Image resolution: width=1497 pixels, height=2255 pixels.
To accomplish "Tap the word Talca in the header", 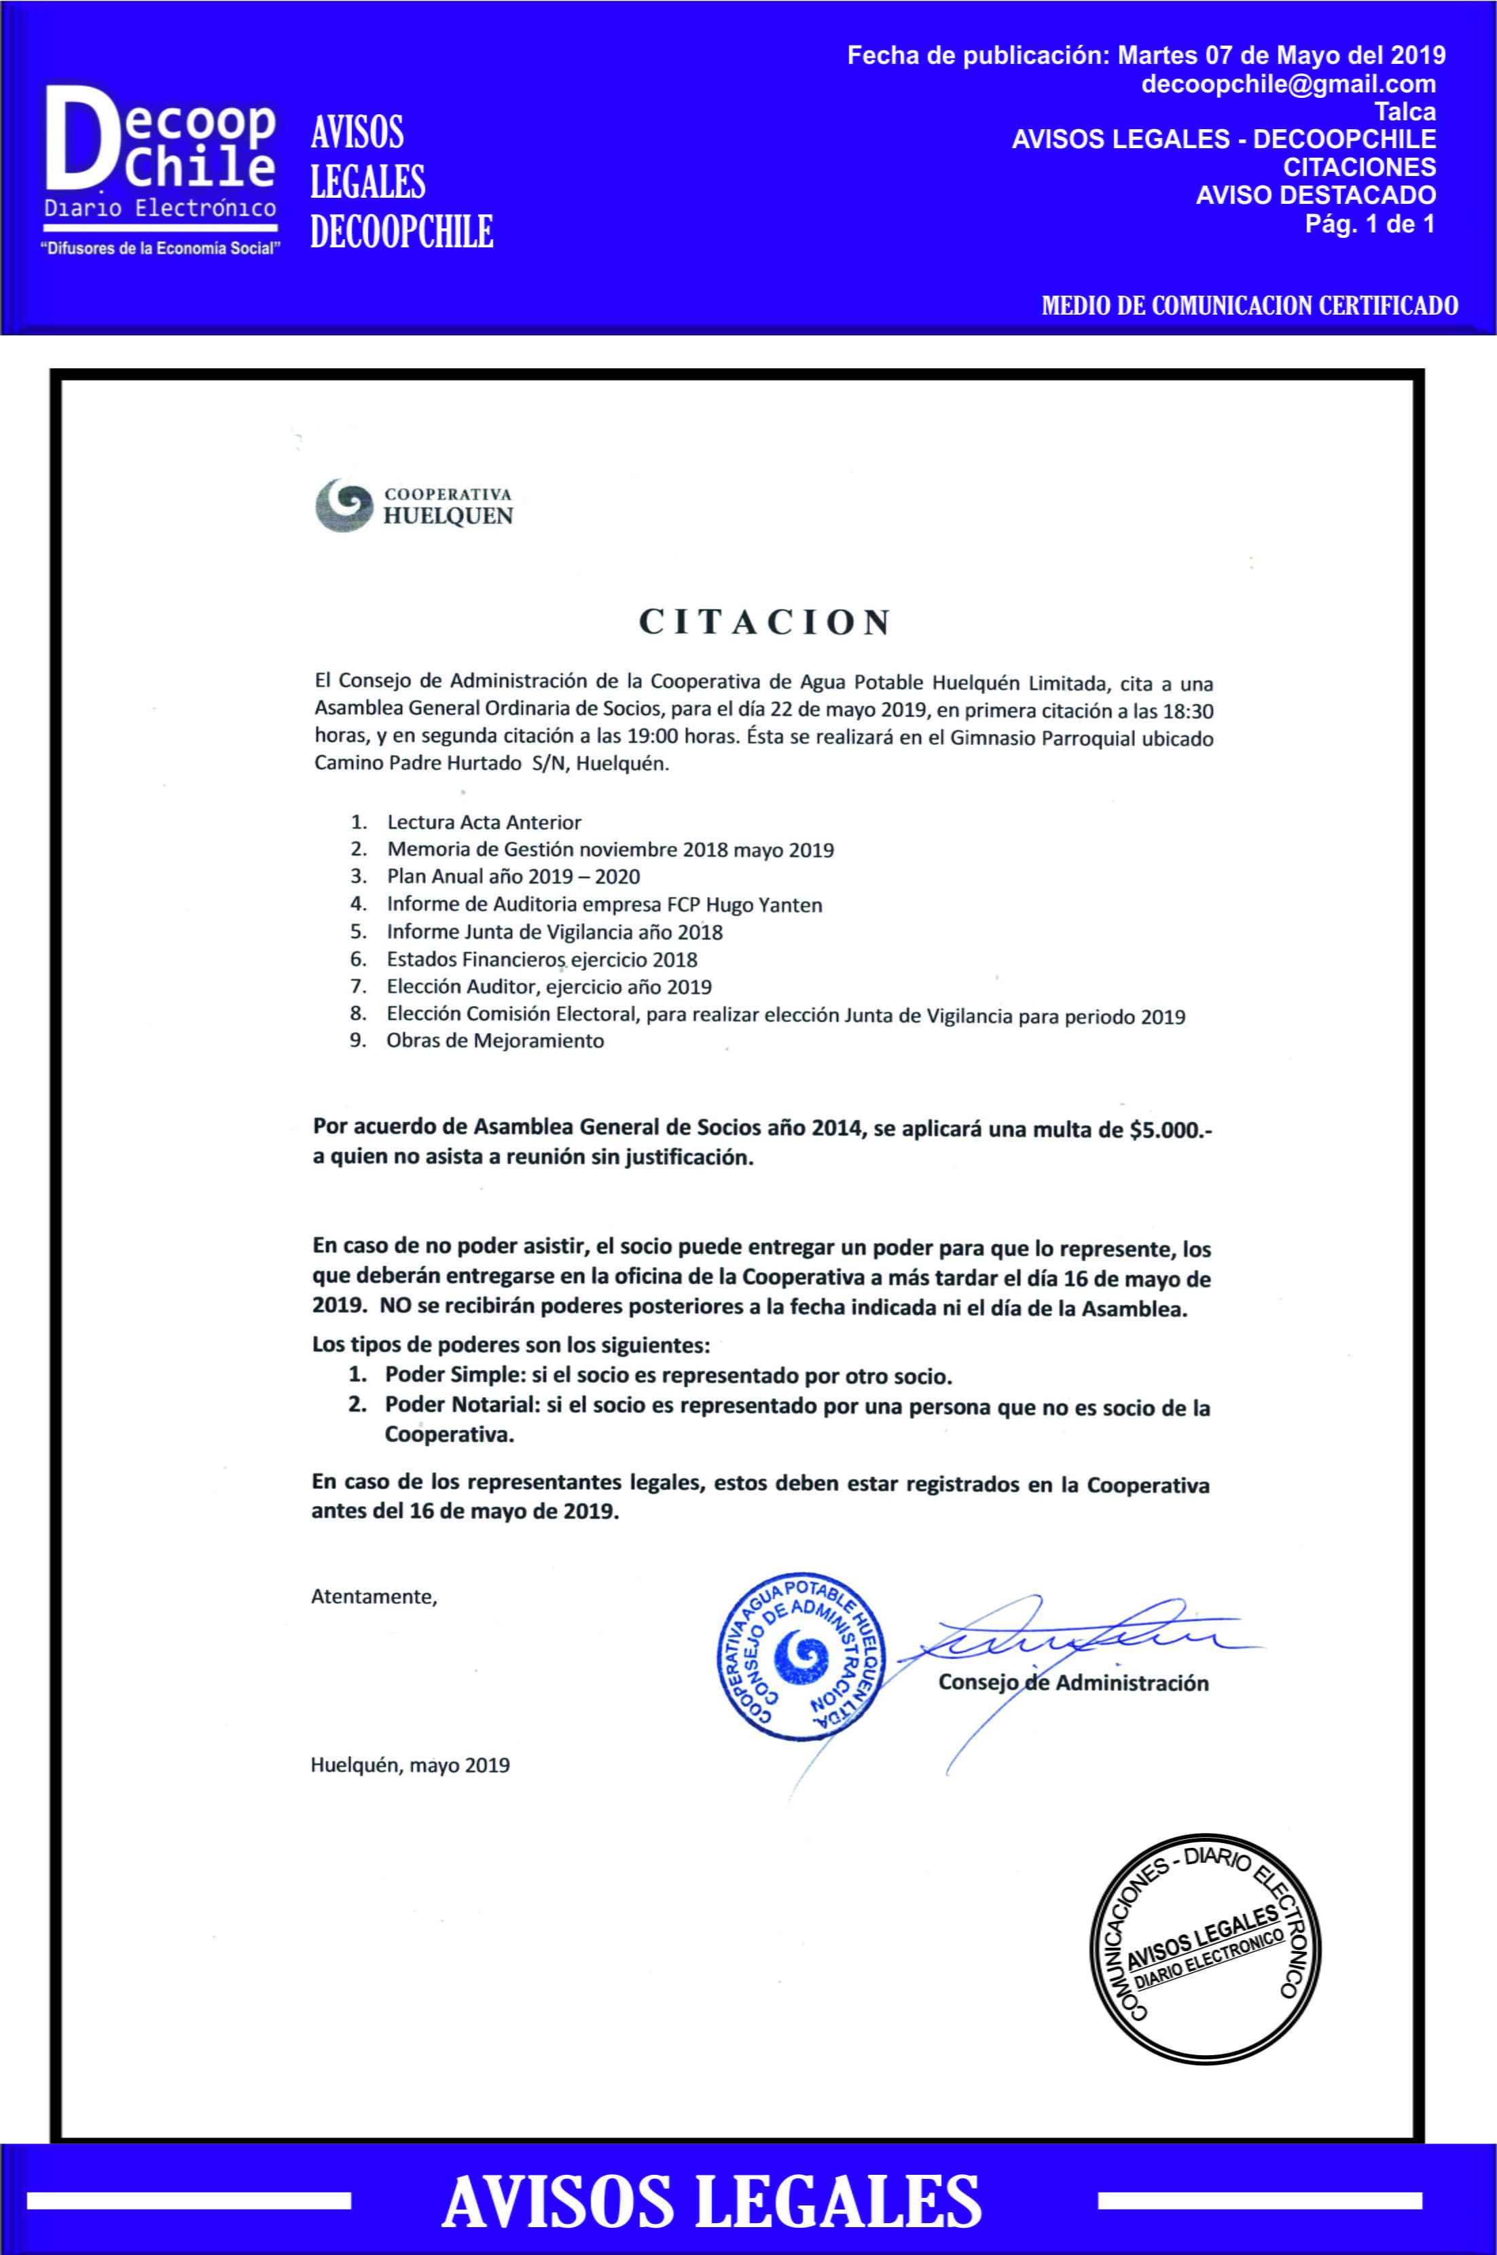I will [x=1405, y=111].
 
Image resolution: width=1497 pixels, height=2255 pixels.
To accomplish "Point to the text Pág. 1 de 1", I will [x=1369, y=224].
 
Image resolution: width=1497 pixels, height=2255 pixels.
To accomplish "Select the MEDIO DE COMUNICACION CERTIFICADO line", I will [x=1249, y=306].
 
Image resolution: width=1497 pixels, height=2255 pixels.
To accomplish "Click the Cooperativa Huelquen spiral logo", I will [x=344, y=505].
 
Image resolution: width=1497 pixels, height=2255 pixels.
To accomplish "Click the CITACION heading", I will [x=765, y=622].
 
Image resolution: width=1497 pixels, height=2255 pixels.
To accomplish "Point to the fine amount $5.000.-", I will [x=1170, y=1130].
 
